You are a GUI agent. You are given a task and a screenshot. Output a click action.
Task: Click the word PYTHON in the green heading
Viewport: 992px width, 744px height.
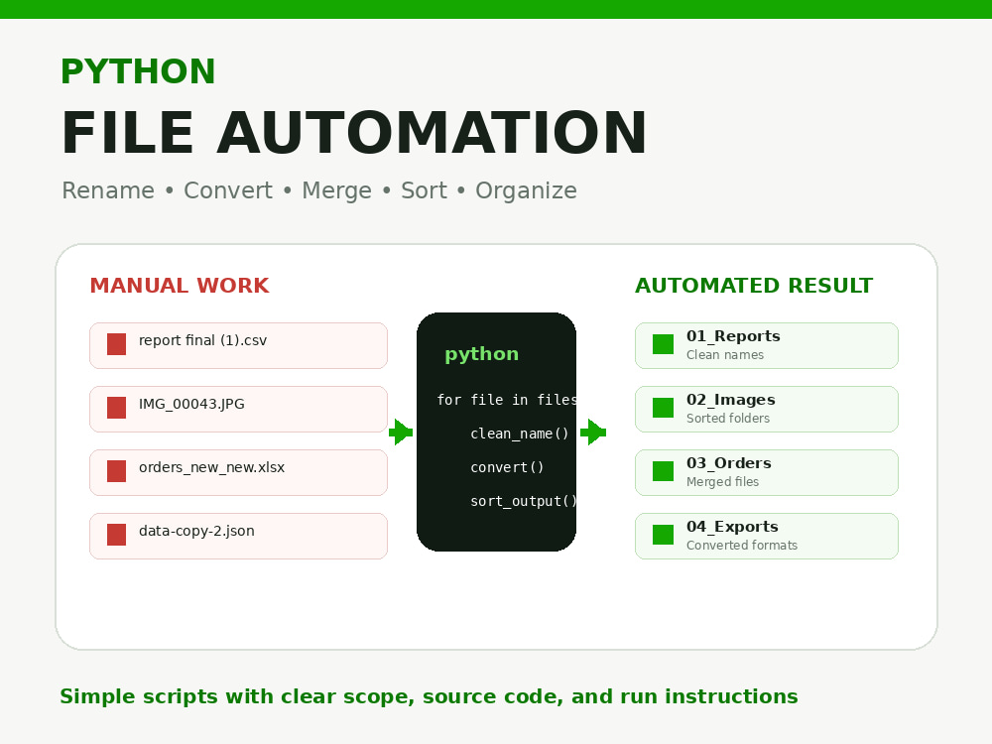point(138,70)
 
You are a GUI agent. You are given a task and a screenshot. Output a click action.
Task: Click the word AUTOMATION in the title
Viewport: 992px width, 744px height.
point(433,133)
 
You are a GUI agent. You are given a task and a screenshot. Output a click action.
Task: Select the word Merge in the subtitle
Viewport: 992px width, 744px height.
point(336,191)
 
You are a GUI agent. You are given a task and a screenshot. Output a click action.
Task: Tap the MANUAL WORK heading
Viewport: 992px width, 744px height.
point(180,286)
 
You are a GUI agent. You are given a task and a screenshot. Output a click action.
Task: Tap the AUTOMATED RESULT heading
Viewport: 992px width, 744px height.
point(754,286)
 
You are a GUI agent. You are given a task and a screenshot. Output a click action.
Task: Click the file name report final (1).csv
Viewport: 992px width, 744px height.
point(203,340)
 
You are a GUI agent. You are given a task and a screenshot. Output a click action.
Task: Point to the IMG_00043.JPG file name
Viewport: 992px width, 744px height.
point(191,405)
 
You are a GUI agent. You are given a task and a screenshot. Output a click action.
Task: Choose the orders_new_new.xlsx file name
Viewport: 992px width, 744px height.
point(212,467)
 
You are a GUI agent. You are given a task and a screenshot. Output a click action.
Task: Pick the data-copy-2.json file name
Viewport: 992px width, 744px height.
point(196,532)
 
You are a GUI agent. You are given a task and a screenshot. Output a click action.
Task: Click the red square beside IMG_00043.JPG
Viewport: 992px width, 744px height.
point(116,408)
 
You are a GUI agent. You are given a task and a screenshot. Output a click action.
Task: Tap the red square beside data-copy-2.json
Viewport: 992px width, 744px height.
point(116,535)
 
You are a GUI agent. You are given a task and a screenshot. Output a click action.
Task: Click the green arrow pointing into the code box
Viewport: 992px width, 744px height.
point(401,433)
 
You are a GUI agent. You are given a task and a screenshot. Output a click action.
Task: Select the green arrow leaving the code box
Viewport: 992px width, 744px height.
point(593,433)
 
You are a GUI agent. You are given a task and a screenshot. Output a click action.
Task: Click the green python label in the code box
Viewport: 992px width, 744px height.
point(482,354)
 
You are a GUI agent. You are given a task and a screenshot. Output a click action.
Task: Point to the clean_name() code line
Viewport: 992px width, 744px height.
point(520,434)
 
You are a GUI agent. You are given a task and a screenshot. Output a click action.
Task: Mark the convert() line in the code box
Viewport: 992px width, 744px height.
point(507,467)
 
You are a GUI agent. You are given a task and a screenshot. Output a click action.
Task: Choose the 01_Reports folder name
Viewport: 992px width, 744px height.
point(733,336)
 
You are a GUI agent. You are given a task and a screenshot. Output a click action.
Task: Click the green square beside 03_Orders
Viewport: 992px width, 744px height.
point(663,471)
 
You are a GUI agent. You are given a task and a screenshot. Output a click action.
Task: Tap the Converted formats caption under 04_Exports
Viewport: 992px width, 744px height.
point(742,546)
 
